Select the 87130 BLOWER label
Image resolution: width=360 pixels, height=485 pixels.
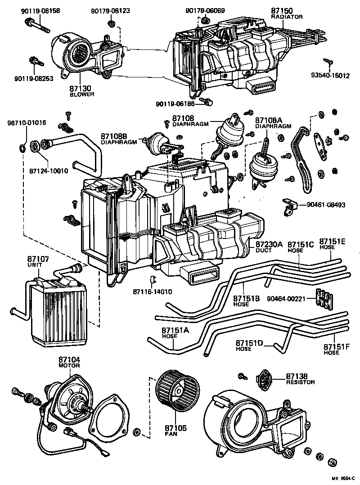coord(81,91)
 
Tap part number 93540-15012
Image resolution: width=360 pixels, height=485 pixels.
coord(330,76)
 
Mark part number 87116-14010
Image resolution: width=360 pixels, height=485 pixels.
coord(153,292)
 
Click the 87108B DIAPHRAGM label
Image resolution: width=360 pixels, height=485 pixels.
coord(118,139)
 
